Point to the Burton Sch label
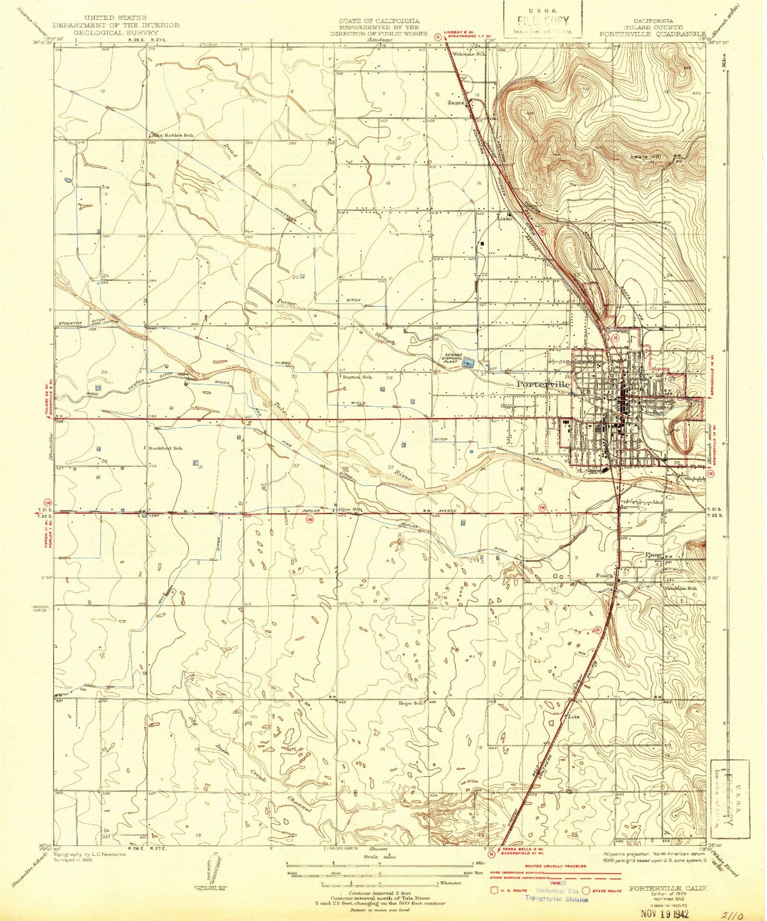pos(357,377)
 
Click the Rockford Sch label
pos(166,448)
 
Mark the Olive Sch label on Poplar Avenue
pos(350,509)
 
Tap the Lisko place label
pos(503,219)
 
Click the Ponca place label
pos(604,575)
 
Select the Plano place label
pos(653,555)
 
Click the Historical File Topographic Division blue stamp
pos(556,895)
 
